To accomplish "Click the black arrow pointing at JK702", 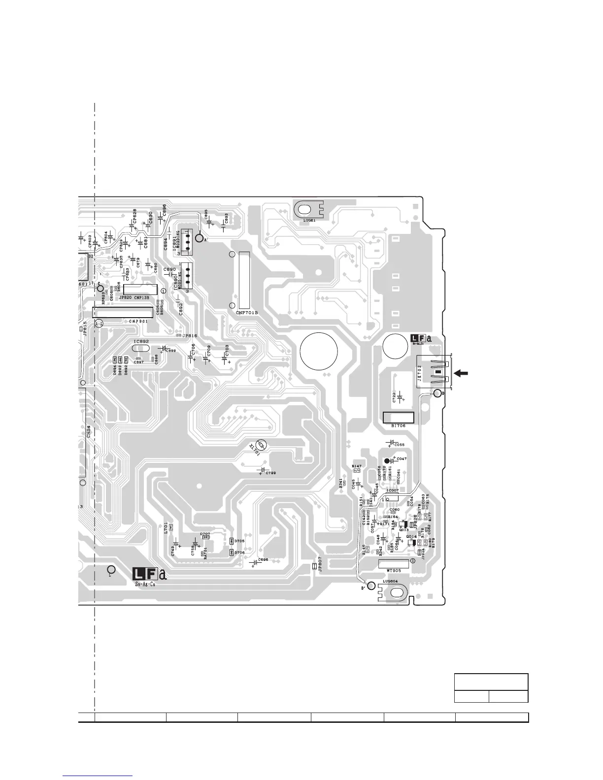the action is pyautogui.click(x=461, y=373).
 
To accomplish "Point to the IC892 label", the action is pyautogui.click(x=141, y=341).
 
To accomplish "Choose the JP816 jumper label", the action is pyautogui.click(x=190, y=336).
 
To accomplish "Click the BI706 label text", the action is pyautogui.click(x=398, y=425).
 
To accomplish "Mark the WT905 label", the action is pyautogui.click(x=394, y=570).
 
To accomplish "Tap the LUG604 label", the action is pyautogui.click(x=390, y=581).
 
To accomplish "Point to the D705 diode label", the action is pyautogui.click(x=239, y=541).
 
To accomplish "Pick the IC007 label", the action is pyautogui.click(x=393, y=490).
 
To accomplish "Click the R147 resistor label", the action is pyautogui.click(x=357, y=465).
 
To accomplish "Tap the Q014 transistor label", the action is pyautogui.click(x=411, y=537).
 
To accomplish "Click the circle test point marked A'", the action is pyautogui.click(x=199, y=238).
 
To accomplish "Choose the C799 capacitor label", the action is pyautogui.click(x=270, y=473).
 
